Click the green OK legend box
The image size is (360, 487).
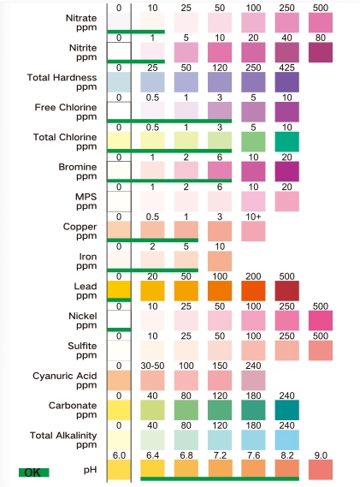(x=34, y=472)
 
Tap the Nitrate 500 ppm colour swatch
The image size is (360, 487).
(x=321, y=22)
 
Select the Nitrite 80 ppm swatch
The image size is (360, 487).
(x=321, y=52)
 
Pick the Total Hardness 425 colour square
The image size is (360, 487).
(x=286, y=82)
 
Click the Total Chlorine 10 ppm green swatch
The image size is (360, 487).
(x=286, y=142)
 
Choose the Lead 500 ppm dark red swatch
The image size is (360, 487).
(x=286, y=291)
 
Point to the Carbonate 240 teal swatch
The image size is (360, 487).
(x=286, y=410)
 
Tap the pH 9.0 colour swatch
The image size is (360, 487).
(x=321, y=470)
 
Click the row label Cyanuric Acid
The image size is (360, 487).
(x=64, y=376)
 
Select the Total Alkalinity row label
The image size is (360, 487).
(x=63, y=436)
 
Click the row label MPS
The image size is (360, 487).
(x=86, y=197)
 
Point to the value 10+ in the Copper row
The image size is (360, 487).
(x=253, y=217)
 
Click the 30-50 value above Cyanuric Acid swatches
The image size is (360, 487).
(x=152, y=365)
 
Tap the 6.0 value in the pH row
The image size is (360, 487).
(x=119, y=455)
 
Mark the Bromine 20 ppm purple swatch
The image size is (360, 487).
(x=286, y=172)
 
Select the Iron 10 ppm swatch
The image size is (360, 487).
(x=220, y=261)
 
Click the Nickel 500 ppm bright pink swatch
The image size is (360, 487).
(x=321, y=321)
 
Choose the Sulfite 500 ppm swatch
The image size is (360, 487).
(x=321, y=351)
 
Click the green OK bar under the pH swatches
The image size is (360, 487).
(x=220, y=478)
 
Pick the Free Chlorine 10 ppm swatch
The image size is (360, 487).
(x=286, y=112)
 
